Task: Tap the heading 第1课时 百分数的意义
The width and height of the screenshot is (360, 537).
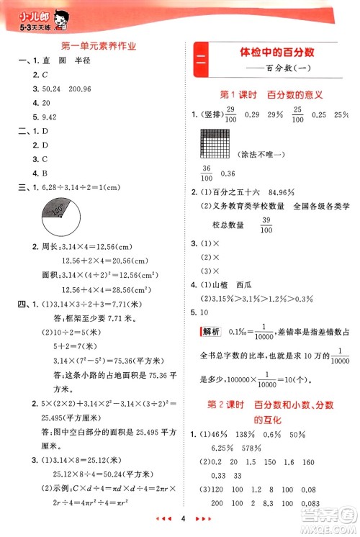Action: pos(270,94)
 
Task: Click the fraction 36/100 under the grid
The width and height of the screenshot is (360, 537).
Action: pos(210,173)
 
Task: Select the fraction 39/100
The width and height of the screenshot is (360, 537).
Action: pos(266,225)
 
